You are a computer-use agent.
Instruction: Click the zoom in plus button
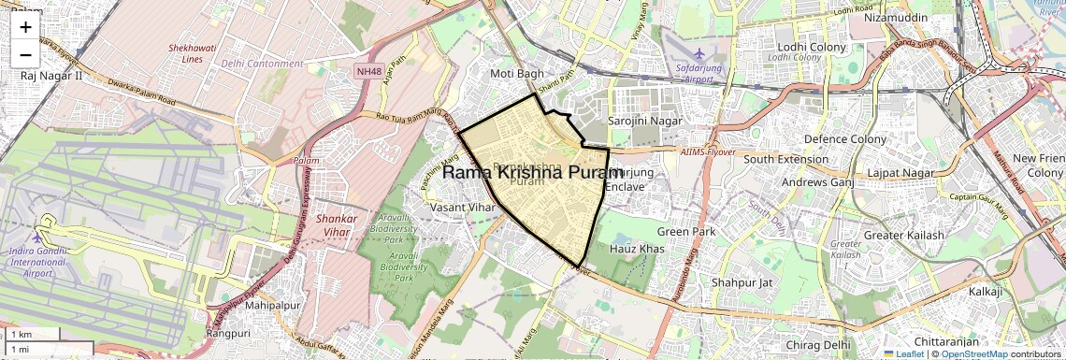(25, 26)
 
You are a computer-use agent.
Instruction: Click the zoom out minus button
(25, 54)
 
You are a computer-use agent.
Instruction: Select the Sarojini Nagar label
(645, 121)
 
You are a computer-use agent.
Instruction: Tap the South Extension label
(786, 159)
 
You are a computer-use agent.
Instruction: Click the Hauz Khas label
(637, 249)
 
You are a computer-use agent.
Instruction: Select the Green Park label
(685, 231)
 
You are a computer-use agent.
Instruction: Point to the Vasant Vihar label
(459, 207)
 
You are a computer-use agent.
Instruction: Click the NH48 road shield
(369, 71)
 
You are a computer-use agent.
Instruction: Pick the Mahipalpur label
(269, 305)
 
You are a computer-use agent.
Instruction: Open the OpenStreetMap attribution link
(973, 353)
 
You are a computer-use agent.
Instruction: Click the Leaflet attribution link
(904, 353)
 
